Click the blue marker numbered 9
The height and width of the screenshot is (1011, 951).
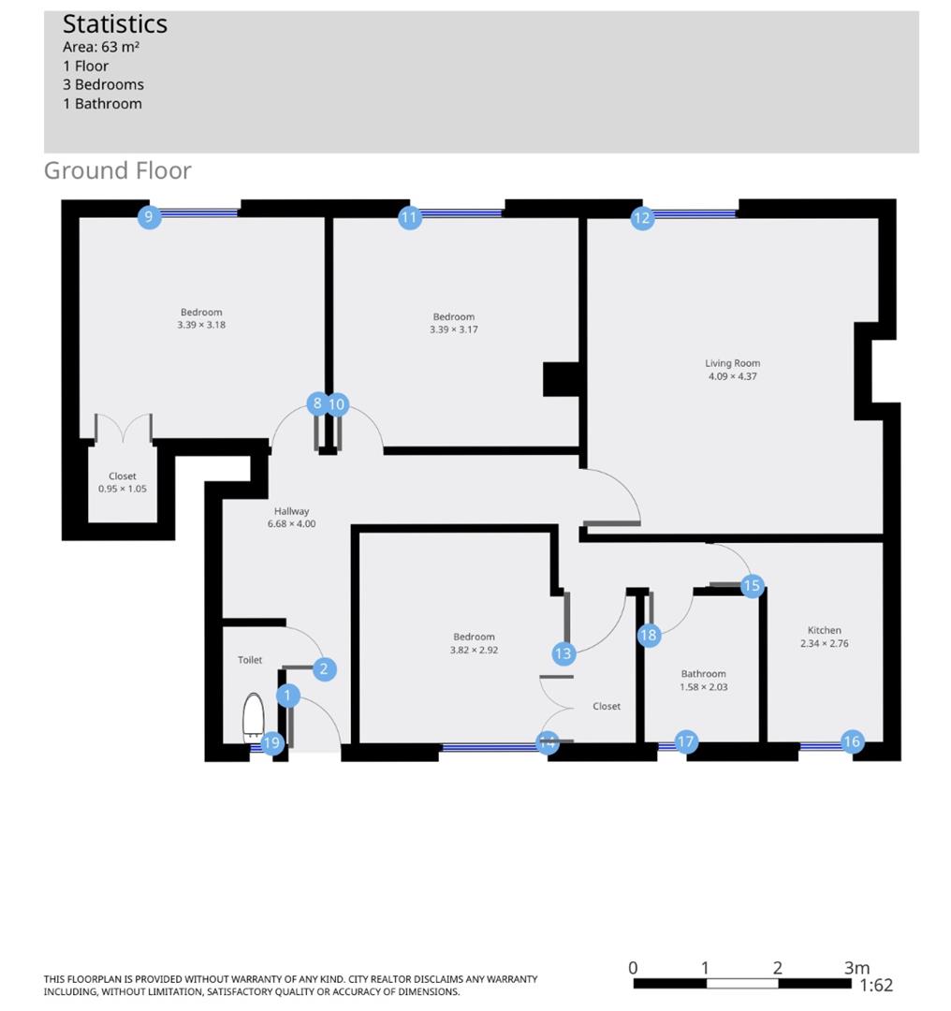click(x=149, y=217)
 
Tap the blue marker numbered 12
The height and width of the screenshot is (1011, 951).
click(x=641, y=218)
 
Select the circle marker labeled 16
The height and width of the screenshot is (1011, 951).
click(x=851, y=742)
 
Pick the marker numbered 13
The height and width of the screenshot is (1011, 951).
click(x=563, y=654)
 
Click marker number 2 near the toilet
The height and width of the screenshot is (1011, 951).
click(x=324, y=668)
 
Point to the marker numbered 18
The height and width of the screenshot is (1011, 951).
click(x=649, y=636)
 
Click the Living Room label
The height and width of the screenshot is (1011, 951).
click(x=732, y=363)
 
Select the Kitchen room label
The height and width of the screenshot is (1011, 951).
click(x=824, y=630)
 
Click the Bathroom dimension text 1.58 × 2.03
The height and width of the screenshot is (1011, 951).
click(x=703, y=687)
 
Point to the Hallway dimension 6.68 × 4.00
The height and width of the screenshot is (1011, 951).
click(x=291, y=524)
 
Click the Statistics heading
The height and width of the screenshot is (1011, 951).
click(x=115, y=24)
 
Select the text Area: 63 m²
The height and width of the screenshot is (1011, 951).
click(x=101, y=47)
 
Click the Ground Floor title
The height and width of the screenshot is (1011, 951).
click(x=118, y=170)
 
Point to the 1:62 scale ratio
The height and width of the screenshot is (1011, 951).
click(x=876, y=985)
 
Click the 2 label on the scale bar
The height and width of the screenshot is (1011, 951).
click(x=777, y=968)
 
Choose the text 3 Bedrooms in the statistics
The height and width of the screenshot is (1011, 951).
click(x=103, y=84)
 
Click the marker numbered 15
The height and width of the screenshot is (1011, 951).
click(x=752, y=586)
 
